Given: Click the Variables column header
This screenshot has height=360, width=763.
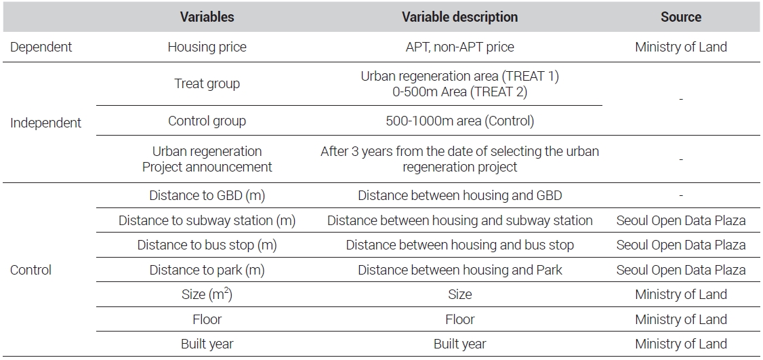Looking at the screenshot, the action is tap(207, 17).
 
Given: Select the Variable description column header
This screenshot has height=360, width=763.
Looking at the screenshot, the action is tap(460, 17).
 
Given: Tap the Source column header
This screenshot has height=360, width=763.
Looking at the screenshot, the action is tap(681, 17).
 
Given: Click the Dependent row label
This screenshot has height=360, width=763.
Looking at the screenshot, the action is tap(41, 47).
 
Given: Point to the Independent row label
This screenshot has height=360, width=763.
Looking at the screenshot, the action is tap(46, 123).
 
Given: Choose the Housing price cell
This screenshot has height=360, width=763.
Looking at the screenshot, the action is tap(207, 47).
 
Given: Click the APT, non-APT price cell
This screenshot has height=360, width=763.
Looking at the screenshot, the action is tap(460, 47).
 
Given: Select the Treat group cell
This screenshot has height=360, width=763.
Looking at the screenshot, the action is tap(207, 84).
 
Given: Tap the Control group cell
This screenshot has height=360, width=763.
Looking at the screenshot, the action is tap(207, 121).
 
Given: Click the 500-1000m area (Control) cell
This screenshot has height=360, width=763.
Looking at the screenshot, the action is tap(460, 121).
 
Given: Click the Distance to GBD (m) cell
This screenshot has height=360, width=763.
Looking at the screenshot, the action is tap(207, 196).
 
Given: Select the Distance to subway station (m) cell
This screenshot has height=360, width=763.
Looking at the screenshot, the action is tap(207, 220).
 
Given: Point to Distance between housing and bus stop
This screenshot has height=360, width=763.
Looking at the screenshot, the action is tap(460, 245).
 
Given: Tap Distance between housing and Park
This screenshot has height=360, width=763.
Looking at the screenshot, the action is tap(460, 270).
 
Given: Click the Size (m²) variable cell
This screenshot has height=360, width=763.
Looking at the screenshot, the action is tap(207, 294).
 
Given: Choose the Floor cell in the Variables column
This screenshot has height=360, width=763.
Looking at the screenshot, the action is tap(207, 319).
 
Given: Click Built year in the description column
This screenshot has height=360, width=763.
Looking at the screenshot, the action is tap(460, 344).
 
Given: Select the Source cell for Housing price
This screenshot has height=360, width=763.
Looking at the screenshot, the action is tap(681, 47).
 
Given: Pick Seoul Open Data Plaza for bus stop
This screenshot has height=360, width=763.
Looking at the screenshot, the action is tap(681, 245).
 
